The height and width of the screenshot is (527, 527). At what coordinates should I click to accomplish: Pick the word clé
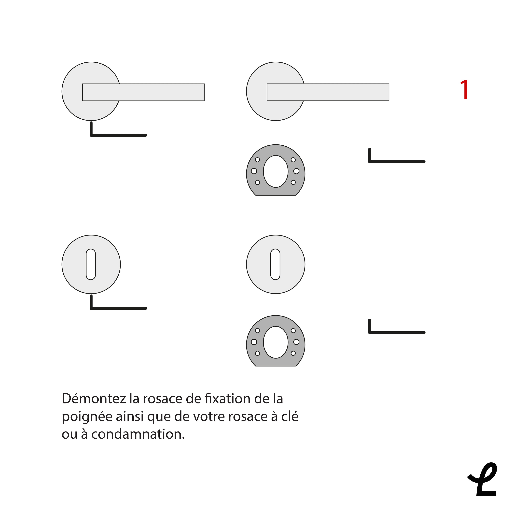(290, 416)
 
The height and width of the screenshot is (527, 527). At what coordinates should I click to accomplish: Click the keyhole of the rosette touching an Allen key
(91, 264)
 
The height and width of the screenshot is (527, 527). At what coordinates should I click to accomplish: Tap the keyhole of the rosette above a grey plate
(276, 264)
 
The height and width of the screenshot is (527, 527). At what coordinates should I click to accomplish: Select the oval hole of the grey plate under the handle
(276, 171)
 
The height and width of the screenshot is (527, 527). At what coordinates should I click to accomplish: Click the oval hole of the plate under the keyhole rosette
(276, 342)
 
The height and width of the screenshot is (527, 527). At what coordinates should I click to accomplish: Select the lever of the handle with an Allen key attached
(143, 92)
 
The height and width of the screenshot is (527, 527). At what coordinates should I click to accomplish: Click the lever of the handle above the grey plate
(328, 92)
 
